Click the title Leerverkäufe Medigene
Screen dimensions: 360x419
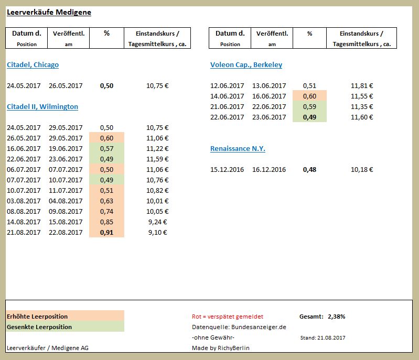(49, 13)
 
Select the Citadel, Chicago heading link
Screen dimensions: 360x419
(33, 65)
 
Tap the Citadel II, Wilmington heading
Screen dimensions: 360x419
(42, 107)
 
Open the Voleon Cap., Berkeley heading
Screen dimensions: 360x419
(246, 65)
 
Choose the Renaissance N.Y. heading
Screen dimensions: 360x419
(238, 149)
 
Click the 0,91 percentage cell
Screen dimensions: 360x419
(106, 232)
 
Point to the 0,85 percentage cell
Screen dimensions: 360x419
(106, 222)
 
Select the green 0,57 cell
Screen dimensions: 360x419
(106, 148)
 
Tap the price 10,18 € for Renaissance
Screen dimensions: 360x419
(362, 170)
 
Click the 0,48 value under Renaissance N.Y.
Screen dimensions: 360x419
(309, 170)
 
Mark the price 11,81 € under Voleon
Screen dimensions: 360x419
(362, 85)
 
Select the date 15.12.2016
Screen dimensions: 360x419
(227, 170)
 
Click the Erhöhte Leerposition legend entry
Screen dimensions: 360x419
(37, 317)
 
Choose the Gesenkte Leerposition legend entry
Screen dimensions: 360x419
(39, 327)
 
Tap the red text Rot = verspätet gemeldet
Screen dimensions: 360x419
(228, 317)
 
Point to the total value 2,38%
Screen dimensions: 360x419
(336, 317)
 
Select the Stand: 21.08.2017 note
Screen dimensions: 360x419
(323, 338)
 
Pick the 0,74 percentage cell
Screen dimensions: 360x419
(106, 211)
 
